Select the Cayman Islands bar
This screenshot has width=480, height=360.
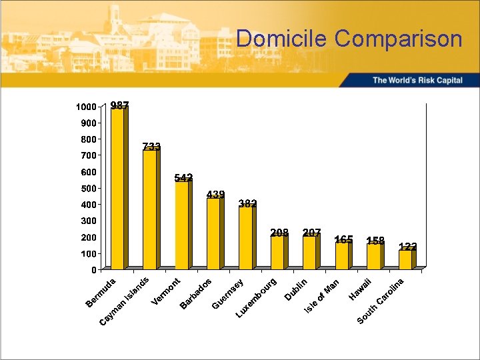(x=149, y=209)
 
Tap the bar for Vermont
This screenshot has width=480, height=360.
(x=181, y=225)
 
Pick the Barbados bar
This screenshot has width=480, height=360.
(x=213, y=233)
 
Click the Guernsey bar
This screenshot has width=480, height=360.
(x=245, y=238)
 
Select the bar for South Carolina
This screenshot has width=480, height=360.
(x=405, y=259)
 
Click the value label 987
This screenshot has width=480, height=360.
(x=120, y=105)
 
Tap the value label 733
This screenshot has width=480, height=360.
(x=151, y=147)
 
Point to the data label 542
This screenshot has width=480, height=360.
(x=184, y=177)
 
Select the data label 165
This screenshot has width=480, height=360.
(x=344, y=239)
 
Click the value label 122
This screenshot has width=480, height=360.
(x=408, y=247)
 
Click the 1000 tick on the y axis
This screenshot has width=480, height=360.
(x=85, y=107)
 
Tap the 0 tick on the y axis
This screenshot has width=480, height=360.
(x=94, y=270)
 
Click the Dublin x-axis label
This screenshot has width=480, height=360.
(x=296, y=288)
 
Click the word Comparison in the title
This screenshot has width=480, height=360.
(x=399, y=39)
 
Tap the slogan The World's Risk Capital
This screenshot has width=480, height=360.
(x=417, y=80)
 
